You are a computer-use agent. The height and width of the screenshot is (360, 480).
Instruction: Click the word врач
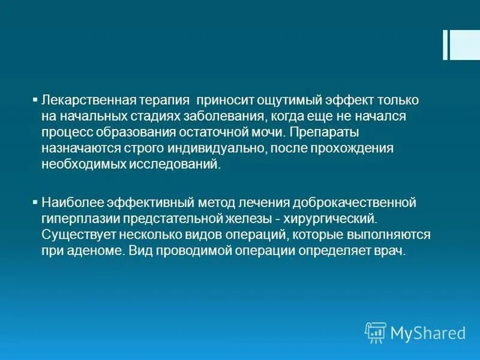[392, 251]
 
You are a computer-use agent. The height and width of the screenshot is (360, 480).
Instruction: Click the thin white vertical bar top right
[445, 45]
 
